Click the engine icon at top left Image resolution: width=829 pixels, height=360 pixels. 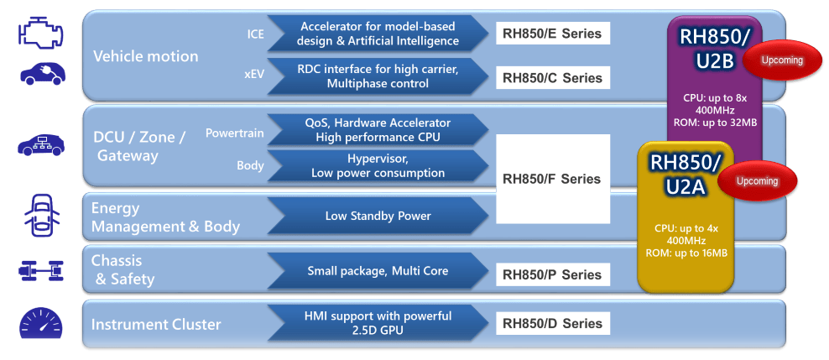(x=40, y=34)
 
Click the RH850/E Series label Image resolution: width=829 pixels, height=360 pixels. (x=552, y=34)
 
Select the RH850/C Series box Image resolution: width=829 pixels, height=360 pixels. (x=552, y=78)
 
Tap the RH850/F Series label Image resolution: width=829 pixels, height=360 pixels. (x=552, y=179)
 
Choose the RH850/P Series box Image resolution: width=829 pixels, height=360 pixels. (x=552, y=274)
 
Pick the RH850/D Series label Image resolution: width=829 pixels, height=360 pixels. (x=552, y=323)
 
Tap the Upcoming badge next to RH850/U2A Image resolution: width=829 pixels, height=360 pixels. (x=758, y=181)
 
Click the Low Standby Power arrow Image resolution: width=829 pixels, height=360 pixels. (x=378, y=217)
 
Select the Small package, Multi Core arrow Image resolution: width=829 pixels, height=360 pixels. (x=378, y=271)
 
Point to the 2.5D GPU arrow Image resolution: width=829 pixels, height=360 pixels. (x=378, y=323)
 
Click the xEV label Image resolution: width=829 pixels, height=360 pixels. (x=253, y=74)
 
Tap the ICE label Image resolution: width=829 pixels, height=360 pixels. (x=254, y=34)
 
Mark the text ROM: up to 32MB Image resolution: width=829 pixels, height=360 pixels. (x=715, y=123)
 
